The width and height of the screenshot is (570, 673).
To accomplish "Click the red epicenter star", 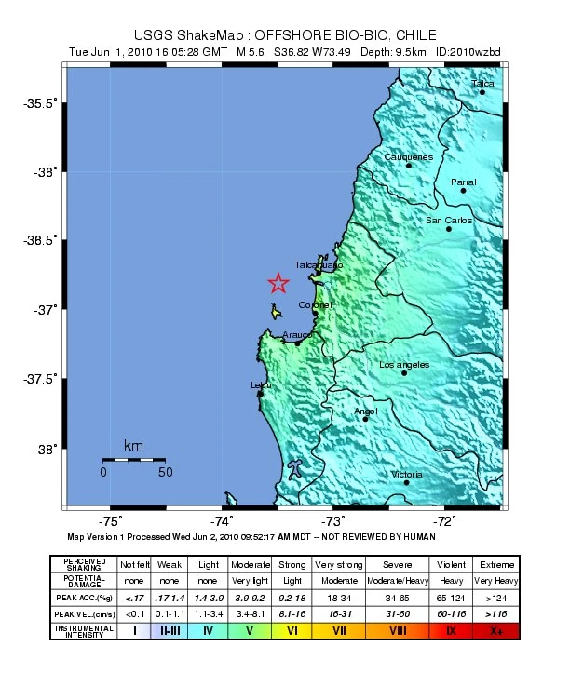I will pos(278,283).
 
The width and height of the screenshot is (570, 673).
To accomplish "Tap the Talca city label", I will pos(482,84).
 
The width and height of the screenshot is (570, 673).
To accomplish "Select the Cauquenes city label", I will pos(409,157).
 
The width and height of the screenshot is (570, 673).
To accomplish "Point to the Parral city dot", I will pos(463,191).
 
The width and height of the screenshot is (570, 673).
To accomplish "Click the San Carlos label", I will pos(449,221).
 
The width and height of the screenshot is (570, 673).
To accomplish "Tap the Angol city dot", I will pos(365,419).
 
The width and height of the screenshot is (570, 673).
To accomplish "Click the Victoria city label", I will pos(406,475).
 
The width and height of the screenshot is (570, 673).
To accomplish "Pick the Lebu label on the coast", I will pos(262,385).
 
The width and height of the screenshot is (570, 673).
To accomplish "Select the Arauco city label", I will pos(297,334).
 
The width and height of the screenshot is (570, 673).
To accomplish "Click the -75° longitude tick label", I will pos(111,521).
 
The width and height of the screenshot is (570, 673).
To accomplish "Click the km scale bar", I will pos(134,459).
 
